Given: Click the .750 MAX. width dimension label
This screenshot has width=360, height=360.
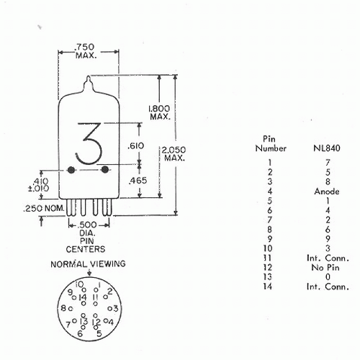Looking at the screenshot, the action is tap(86, 51).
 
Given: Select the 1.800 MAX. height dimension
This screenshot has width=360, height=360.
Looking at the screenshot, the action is tap(159, 112).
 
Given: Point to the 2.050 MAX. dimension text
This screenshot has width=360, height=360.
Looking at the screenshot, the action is tap(174, 153).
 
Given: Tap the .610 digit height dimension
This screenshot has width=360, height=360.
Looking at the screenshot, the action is tap(135, 145).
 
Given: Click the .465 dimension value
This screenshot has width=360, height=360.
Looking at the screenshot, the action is tap(138, 181).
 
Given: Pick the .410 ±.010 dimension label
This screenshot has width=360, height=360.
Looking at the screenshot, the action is tap(39, 184).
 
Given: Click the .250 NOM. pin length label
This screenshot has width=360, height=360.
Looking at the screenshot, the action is tap(44, 208).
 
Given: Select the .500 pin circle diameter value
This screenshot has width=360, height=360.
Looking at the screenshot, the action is tap(88, 225).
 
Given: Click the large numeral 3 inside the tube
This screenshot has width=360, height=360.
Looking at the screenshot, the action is tap(89, 143).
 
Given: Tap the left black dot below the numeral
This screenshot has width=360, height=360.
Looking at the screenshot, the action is tap(71, 170).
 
